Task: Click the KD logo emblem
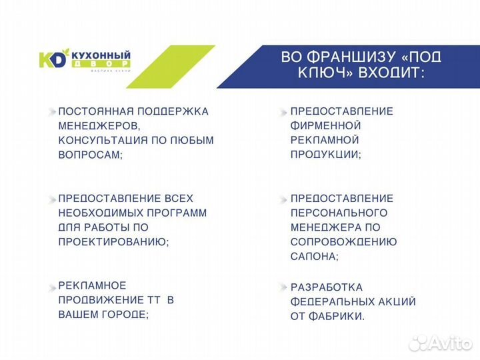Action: [53, 60]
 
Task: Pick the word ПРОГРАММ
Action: [175, 213]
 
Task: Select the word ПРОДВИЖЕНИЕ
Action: [95, 300]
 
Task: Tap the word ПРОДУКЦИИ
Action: [325, 155]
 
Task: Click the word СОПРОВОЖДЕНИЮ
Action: [343, 242]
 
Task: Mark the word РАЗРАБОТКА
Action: [327, 287]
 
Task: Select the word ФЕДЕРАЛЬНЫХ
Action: [329, 302]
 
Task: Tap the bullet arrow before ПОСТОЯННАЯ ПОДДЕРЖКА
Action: [51, 111]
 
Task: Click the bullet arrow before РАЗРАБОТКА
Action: [284, 287]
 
